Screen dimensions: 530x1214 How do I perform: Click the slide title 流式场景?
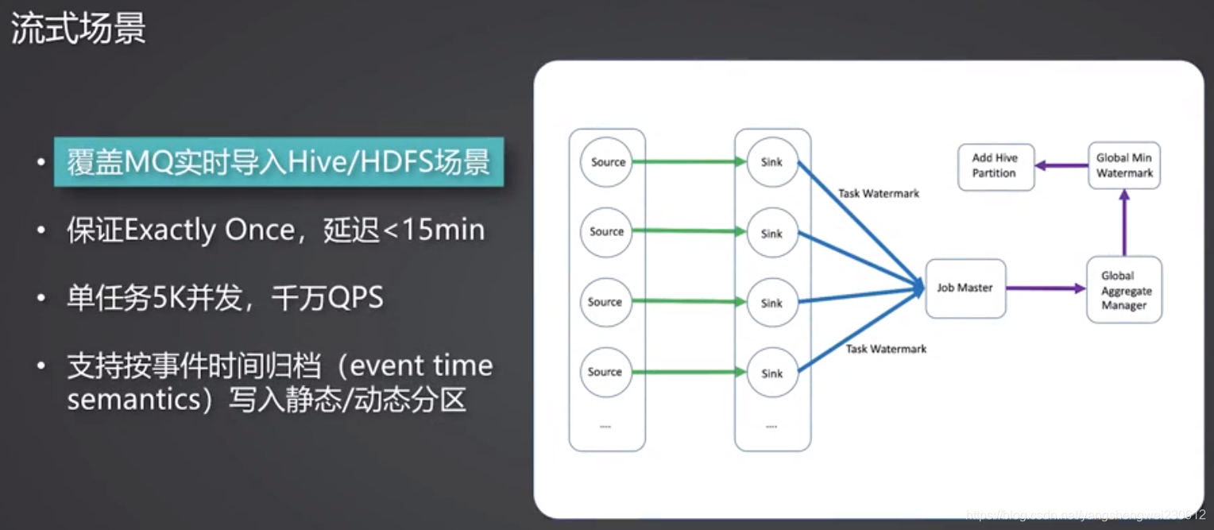pyautogui.click(x=78, y=29)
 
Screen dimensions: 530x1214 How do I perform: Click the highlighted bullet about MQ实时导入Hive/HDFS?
pyautogui.click(x=278, y=163)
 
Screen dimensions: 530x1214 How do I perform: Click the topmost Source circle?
pyautogui.click(x=608, y=162)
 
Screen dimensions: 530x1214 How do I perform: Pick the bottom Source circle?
pyautogui.click(x=605, y=372)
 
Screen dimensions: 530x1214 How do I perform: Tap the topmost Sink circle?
pyautogui.click(x=771, y=162)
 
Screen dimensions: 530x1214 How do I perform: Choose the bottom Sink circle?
pyautogui.click(x=771, y=373)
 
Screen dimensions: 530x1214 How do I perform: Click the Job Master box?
pyautogui.click(x=965, y=288)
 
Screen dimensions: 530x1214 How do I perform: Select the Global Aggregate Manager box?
pyautogui.click(x=1124, y=290)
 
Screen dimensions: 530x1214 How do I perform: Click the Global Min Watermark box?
pyautogui.click(x=1124, y=165)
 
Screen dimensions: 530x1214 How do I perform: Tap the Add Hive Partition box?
pyautogui.click(x=995, y=165)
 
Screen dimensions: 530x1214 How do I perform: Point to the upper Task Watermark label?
pyautogui.click(x=879, y=193)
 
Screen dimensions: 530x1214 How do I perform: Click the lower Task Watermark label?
pyautogui.click(x=886, y=349)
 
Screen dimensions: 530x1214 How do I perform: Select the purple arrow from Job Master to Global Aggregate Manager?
pyautogui.click(x=1046, y=288)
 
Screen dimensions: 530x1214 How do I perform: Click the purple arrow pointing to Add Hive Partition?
pyautogui.click(x=1061, y=166)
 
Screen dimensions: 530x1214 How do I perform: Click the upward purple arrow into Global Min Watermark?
pyautogui.click(x=1124, y=222)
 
